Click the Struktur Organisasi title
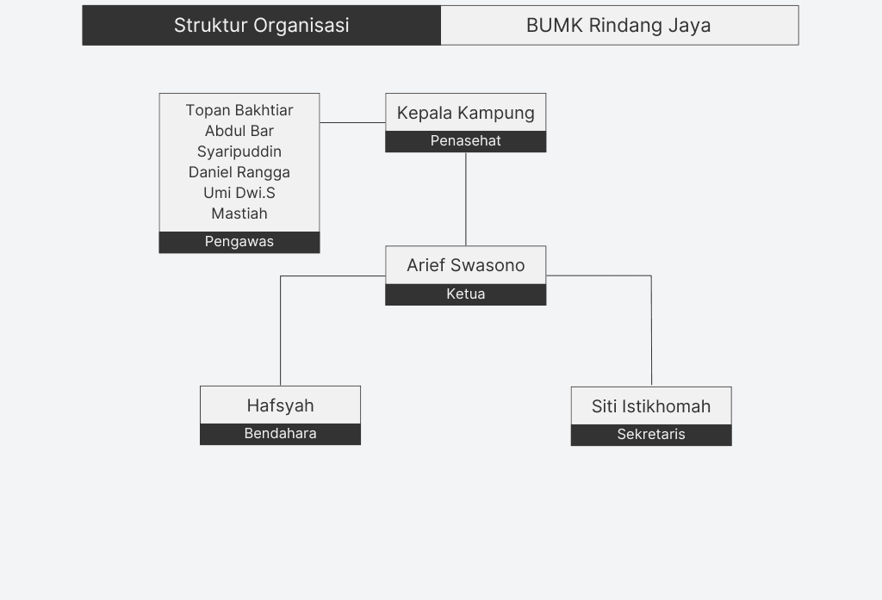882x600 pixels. [261, 25]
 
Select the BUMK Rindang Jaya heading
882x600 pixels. [618, 25]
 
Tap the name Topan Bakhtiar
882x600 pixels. [239, 110]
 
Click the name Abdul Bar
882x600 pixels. [239, 131]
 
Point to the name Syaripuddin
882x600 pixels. [239, 152]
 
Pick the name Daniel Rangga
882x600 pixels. [239, 172]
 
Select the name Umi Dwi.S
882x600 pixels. [239, 193]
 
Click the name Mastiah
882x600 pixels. [239, 213]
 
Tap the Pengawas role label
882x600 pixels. [239, 242]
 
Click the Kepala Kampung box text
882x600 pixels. [465, 113]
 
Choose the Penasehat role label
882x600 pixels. [465, 141]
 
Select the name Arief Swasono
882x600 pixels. [465, 265]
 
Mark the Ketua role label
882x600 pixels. [465, 294]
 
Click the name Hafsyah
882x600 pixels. [280, 405]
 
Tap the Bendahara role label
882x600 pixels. [280, 434]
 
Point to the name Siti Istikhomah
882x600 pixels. [651, 406]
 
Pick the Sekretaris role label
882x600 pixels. [651, 435]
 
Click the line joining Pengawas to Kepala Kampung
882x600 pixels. [352, 122]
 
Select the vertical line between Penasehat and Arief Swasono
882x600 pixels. [466, 199]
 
